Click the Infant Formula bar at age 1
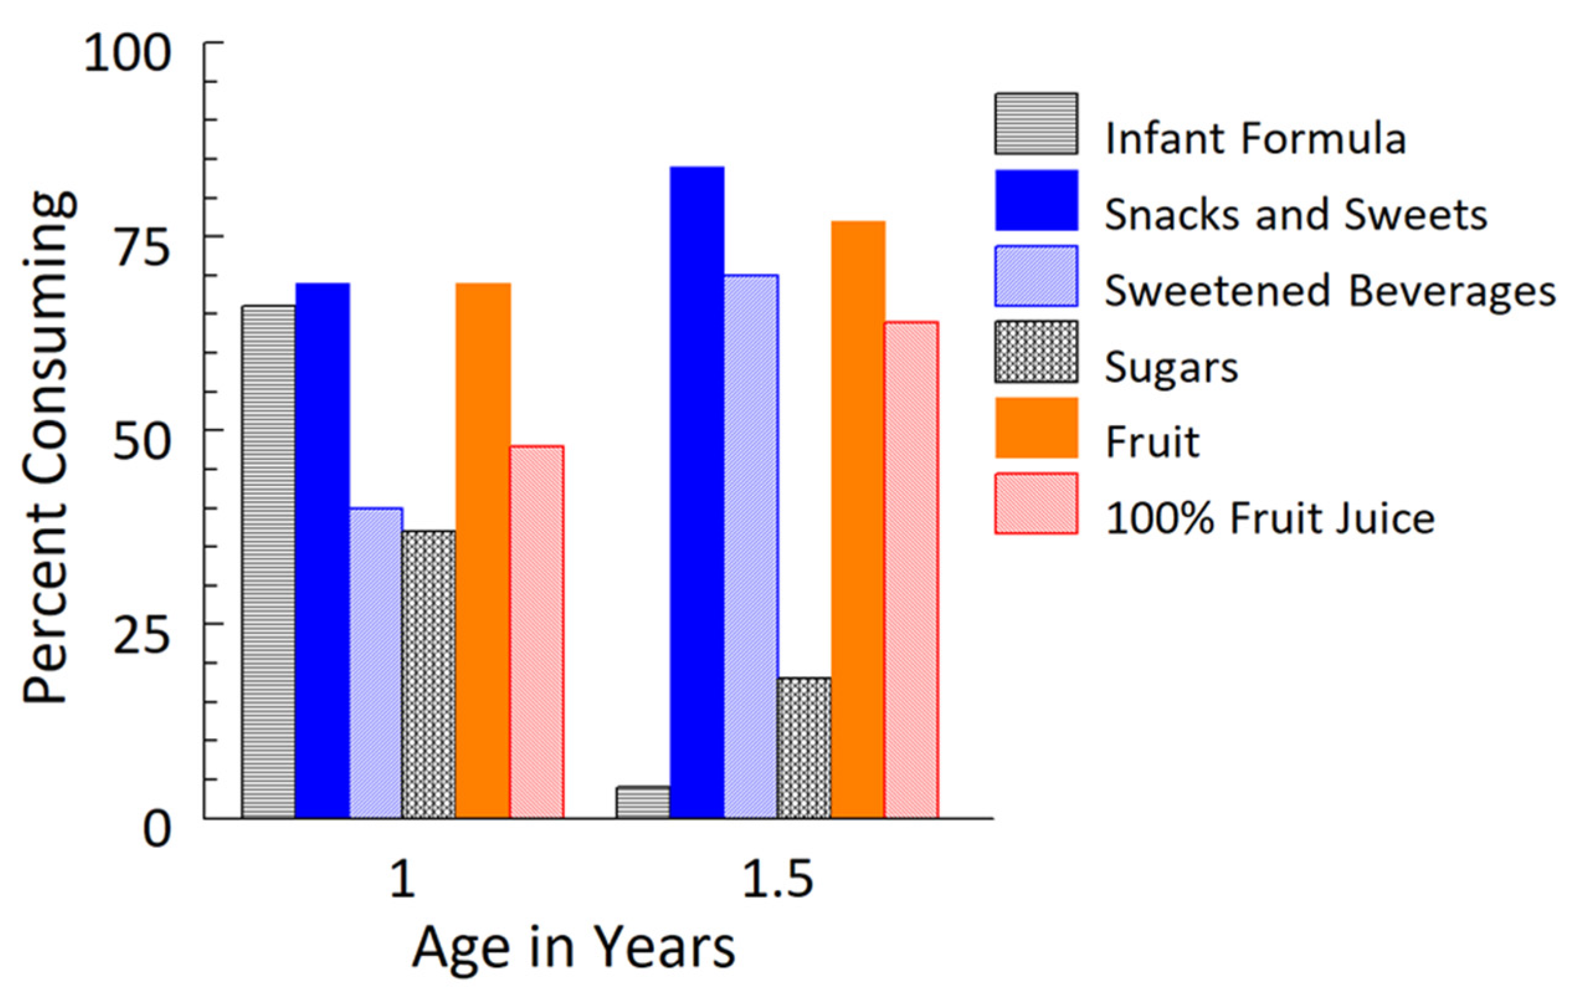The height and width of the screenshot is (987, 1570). tap(268, 561)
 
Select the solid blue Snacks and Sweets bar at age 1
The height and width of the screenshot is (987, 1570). tap(322, 550)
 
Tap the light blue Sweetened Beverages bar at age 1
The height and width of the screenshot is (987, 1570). tap(376, 662)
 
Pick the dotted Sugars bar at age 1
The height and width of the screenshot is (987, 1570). tap(428, 674)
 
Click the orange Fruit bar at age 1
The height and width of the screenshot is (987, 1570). tap(482, 550)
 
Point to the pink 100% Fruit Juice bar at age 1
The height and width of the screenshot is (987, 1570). tap(536, 632)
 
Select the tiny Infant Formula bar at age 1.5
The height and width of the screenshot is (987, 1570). tap(642, 802)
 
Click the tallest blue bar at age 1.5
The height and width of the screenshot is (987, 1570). tap(697, 492)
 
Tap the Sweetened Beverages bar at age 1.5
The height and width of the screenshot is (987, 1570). tap(750, 546)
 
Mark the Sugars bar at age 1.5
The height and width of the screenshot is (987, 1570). tap(803, 748)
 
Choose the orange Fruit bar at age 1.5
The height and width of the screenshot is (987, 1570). tap(857, 519)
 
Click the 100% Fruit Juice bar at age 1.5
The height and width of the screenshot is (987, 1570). tap(911, 570)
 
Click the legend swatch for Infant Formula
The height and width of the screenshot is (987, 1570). tap(1035, 124)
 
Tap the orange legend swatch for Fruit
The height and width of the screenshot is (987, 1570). tap(1035, 428)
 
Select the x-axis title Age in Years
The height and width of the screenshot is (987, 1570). tap(573, 949)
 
